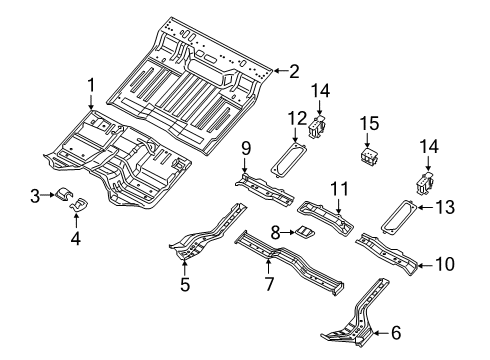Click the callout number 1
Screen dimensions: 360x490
point(90,85)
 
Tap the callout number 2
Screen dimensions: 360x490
point(294,70)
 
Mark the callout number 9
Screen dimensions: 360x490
point(244,148)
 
